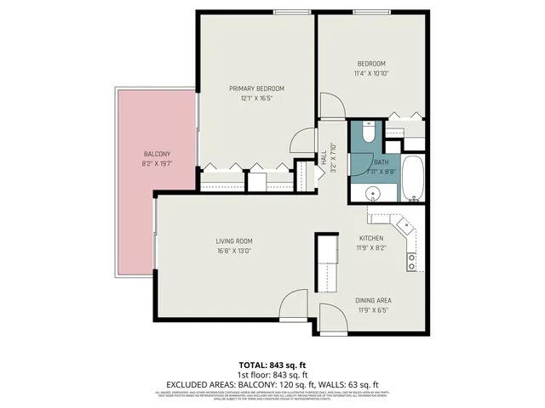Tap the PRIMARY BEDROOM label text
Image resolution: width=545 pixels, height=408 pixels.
coord(256,88)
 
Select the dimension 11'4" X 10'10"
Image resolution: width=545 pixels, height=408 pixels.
coord(370,73)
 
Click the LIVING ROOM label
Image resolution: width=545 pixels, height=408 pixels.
coord(232,241)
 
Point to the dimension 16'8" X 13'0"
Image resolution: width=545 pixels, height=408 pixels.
coord(232,251)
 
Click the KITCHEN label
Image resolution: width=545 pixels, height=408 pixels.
coord(371,239)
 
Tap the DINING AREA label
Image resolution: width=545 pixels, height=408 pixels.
coord(373,301)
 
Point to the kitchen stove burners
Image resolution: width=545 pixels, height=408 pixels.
coord(412,261)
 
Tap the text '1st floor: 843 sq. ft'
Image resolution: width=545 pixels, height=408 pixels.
coord(272,375)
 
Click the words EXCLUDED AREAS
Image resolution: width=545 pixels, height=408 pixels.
coord(198,384)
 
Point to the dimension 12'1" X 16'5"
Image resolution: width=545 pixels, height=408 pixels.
coord(256,98)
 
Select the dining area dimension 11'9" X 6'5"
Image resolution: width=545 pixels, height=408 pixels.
coord(373,310)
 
